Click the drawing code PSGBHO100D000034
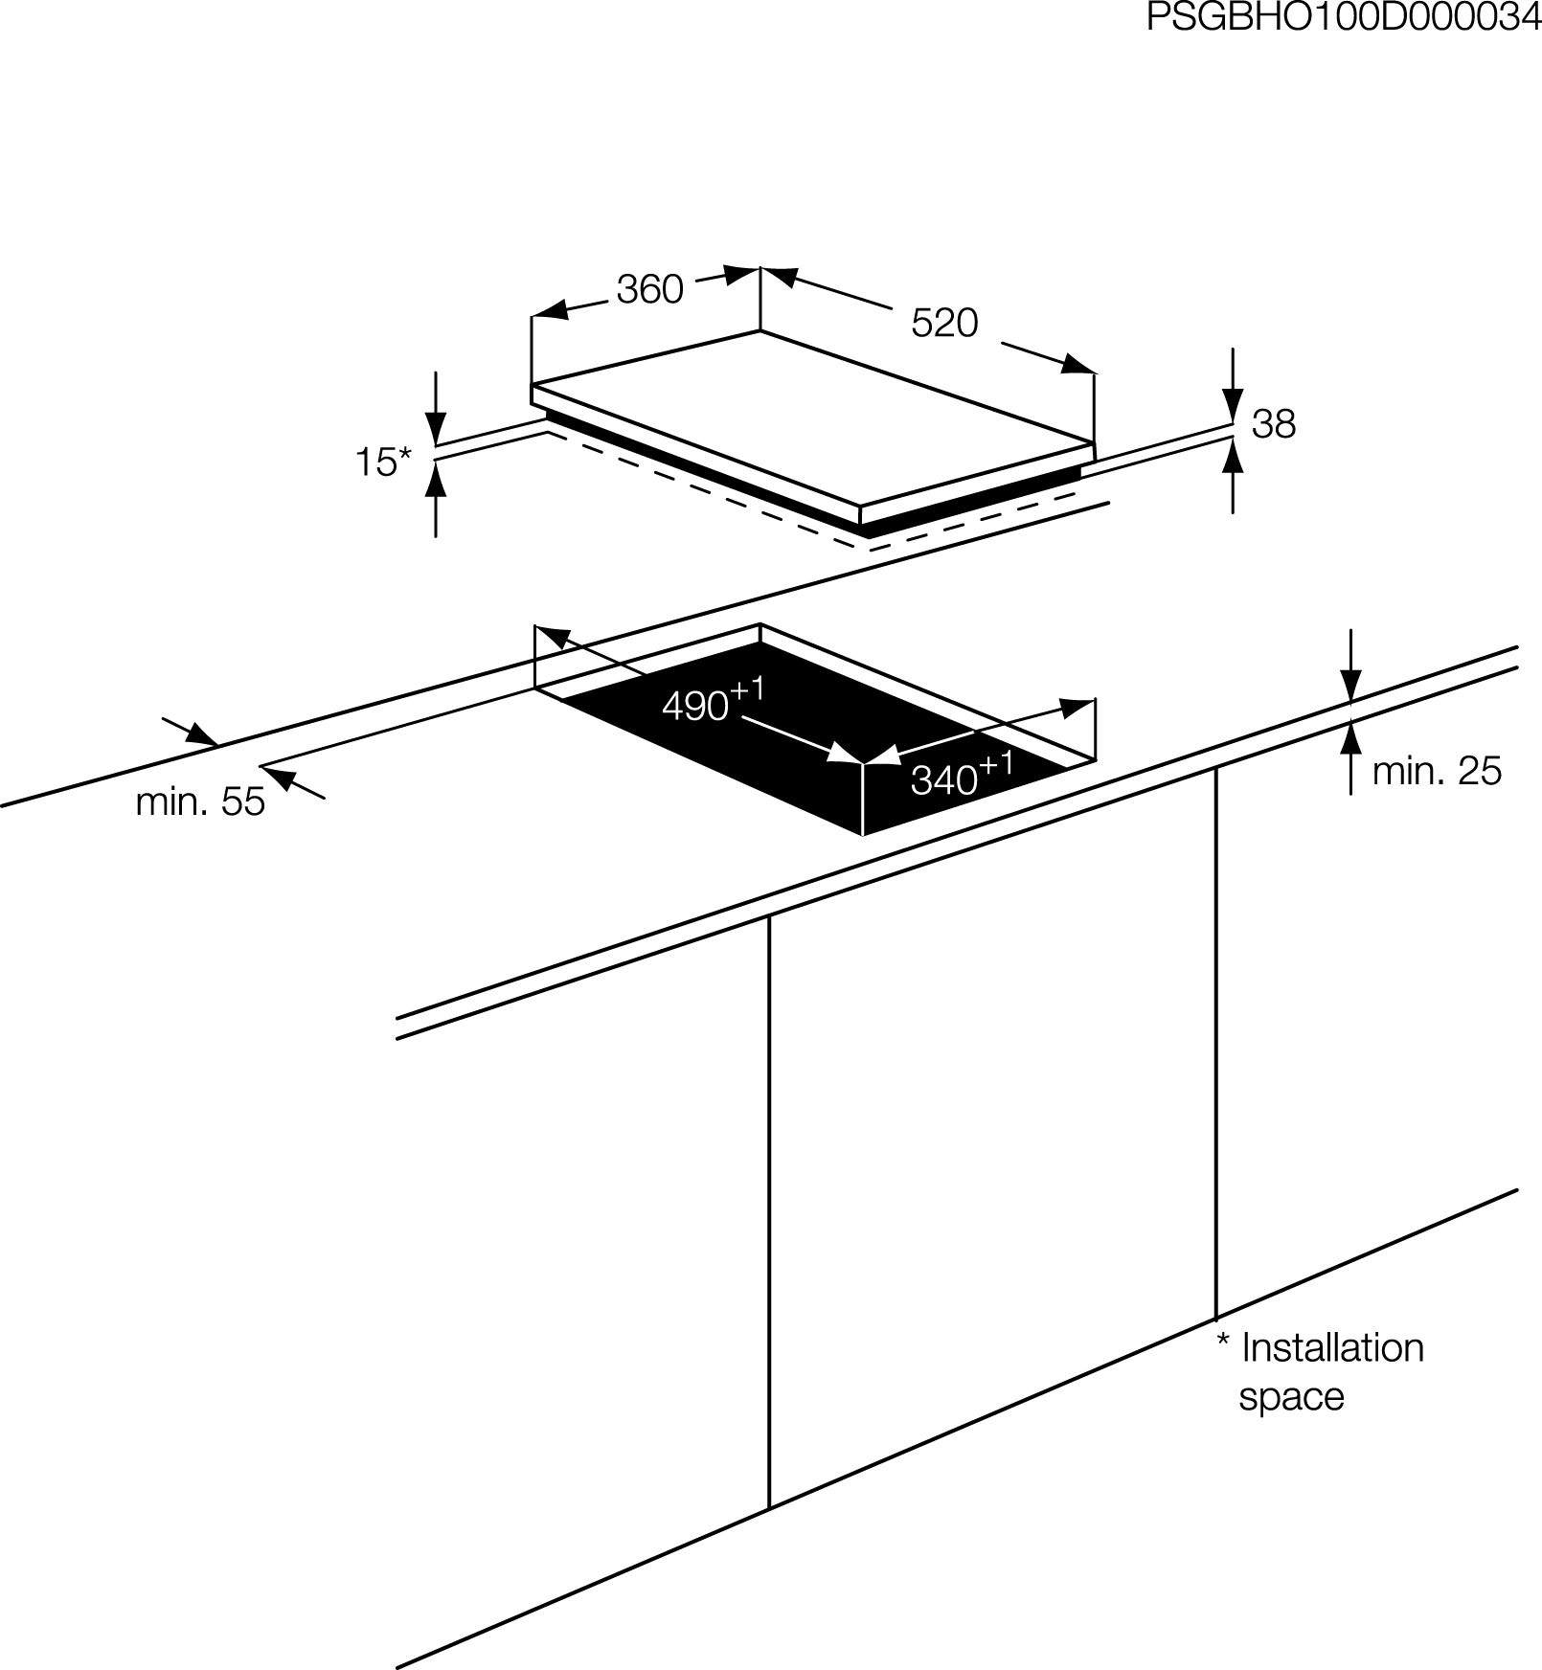pyautogui.click(x=1344, y=18)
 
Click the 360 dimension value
pyautogui.click(x=649, y=289)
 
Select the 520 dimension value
pyautogui.click(x=944, y=323)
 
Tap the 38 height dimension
pyautogui.click(x=1274, y=423)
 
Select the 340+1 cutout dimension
pyautogui.click(x=962, y=775)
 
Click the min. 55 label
pyautogui.click(x=200, y=801)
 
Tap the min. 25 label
pyautogui.click(x=1437, y=771)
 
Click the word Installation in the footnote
pyautogui.click(x=1332, y=1348)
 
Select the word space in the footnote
pyautogui.click(x=1291, y=1397)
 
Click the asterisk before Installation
pyautogui.click(x=1223, y=1340)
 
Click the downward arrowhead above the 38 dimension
pyautogui.click(x=1234, y=403)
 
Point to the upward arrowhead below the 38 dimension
pyautogui.click(x=1234, y=458)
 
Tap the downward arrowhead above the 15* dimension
pyautogui.click(x=436, y=426)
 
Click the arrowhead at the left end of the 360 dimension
pyautogui.click(x=549, y=311)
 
